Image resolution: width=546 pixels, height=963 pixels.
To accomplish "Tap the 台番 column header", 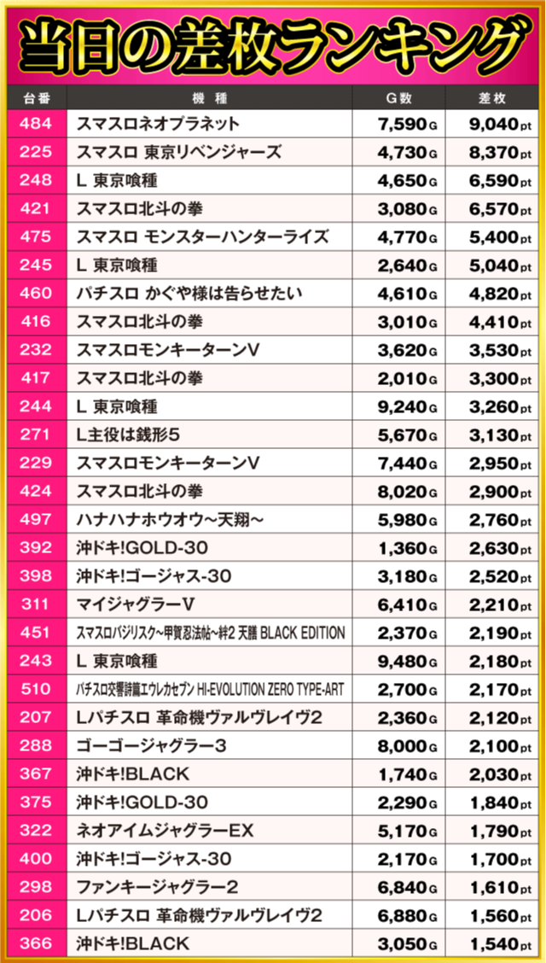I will [34, 97].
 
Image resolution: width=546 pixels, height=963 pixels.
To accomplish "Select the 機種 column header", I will [210, 97].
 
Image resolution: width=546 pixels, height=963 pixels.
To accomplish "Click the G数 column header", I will [399, 97].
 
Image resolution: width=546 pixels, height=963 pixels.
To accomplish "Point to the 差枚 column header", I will [495, 97].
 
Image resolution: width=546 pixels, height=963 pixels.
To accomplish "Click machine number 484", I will [35, 125].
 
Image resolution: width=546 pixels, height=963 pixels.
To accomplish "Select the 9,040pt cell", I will [494, 125].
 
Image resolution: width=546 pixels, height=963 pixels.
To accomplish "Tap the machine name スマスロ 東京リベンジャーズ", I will [178, 153].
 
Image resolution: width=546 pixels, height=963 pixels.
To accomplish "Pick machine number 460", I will [35, 294].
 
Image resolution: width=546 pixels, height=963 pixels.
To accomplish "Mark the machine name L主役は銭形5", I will [128, 435].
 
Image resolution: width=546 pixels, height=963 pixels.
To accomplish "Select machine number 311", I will [35, 604].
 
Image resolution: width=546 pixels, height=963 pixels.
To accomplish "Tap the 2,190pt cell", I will [494, 633].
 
